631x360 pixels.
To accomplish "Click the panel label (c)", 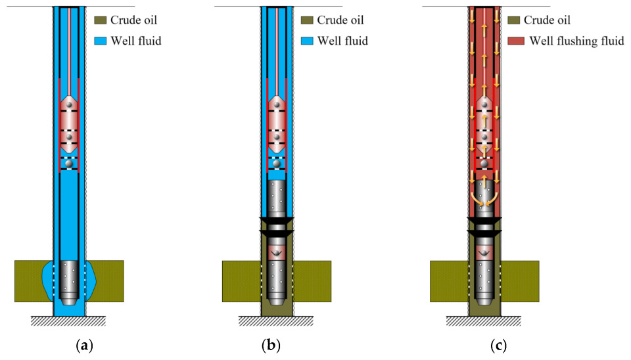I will pos(484,345).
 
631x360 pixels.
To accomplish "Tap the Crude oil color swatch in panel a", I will pos(101,21).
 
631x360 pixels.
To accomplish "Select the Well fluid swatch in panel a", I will pos(101,41).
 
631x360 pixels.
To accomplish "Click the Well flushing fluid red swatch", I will pos(516,41).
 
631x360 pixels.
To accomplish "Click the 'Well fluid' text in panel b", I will pos(342,41).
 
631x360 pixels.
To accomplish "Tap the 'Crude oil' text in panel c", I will pos(548,21).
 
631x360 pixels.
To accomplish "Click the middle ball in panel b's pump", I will pos(277,137).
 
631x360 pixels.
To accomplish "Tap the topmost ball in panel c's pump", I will pos(484,104).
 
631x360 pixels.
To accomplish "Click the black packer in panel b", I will pos(277,226).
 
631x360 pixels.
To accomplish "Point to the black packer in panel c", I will pos(484,226).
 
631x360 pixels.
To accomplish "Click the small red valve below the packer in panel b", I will pos(277,252).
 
